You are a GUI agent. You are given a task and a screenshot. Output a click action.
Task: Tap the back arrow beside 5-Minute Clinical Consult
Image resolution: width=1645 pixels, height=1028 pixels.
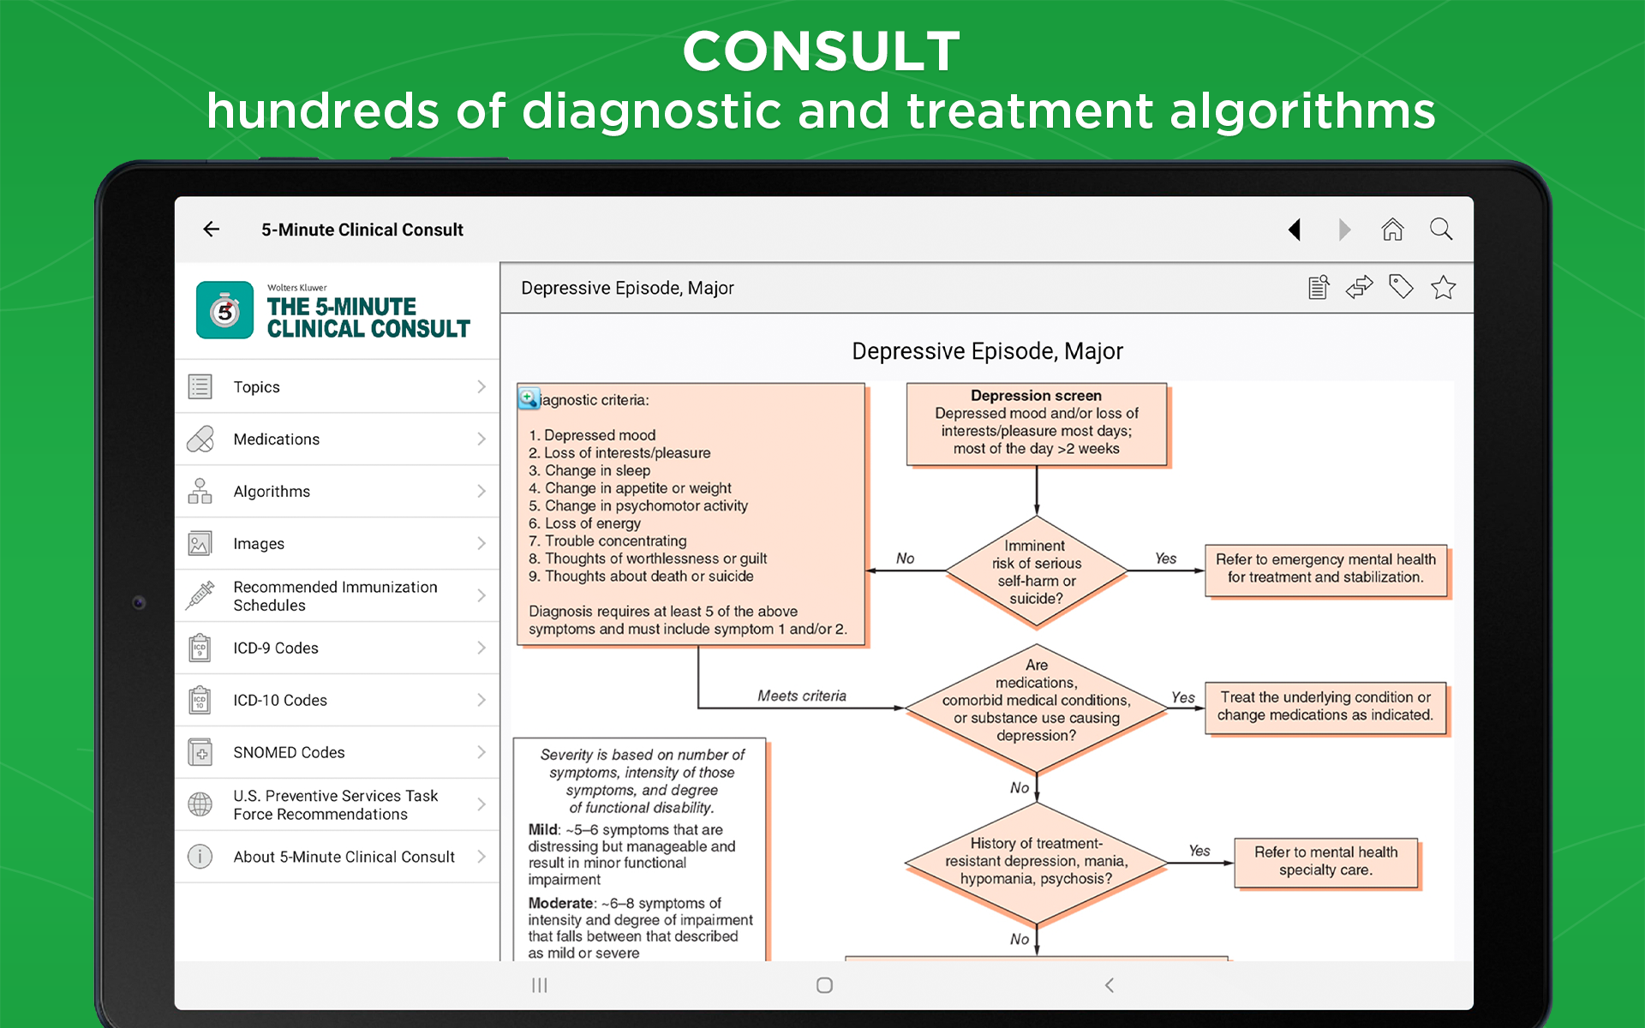click(x=211, y=229)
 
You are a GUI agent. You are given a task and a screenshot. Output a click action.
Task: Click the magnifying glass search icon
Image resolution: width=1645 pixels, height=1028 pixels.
click(x=1441, y=229)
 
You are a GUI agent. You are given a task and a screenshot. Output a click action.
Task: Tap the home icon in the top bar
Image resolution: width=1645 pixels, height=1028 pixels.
click(x=1392, y=229)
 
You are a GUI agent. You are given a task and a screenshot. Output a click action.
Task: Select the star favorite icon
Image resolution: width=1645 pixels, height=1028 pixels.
click(x=1443, y=287)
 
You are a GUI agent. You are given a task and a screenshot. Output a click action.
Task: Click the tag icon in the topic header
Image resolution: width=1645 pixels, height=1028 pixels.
click(x=1401, y=286)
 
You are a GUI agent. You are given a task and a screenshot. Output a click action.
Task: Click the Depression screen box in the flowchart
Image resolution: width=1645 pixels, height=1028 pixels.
click(x=1037, y=424)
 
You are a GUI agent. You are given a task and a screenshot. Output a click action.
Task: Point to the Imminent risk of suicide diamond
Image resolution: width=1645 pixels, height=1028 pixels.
click(x=1037, y=571)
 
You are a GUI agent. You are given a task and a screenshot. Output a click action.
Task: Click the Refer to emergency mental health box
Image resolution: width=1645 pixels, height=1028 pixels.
click(x=1325, y=570)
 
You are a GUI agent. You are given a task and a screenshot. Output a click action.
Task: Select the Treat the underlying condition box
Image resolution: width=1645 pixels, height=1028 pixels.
click(x=1325, y=708)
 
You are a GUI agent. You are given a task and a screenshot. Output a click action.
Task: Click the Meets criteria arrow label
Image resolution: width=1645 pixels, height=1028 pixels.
click(x=802, y=696)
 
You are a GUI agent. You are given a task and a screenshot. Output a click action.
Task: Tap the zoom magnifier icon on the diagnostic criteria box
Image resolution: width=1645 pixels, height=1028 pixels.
click(x=529, y=397)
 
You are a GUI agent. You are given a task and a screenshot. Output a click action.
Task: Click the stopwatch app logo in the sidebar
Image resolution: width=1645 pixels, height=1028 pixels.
click(x=224, y=310)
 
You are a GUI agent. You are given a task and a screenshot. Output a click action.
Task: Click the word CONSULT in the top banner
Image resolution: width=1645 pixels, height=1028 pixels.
click(x=822, y=51)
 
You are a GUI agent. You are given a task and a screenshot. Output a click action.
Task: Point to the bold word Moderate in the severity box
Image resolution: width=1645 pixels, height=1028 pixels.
click(x=560, y=903)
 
